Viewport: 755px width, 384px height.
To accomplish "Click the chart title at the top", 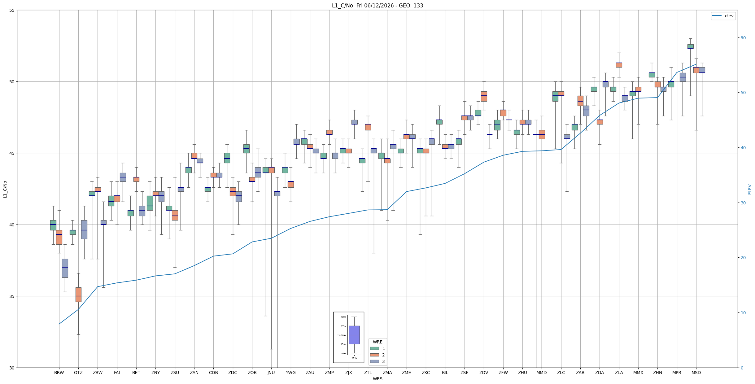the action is (377, 6).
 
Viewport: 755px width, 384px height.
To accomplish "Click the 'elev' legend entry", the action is (723, 16).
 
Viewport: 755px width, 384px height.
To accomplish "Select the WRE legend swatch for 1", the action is (374, 348).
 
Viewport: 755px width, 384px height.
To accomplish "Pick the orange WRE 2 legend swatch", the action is (374, 355).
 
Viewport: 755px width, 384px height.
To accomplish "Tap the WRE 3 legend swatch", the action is (374, 361).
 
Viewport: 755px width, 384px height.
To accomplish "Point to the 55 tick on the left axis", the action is (12, 10).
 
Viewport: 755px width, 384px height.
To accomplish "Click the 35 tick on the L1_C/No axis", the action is (12, 296).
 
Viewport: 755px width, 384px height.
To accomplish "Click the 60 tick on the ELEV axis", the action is (743, 38).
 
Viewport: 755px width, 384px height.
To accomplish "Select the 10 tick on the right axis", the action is (743, 313).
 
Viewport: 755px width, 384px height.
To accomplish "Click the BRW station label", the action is (59, 373).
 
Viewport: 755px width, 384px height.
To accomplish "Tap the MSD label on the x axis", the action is (696, 373).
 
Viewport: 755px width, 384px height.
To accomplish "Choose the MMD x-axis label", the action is (542, 373).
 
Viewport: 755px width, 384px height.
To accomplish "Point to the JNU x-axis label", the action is (271, 373).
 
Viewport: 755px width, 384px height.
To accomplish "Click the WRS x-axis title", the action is (377, 379).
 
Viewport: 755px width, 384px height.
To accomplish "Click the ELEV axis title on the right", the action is (750, 189).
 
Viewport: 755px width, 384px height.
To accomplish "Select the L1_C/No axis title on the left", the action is (5, 189).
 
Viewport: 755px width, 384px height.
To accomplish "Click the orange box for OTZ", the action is (78, 295).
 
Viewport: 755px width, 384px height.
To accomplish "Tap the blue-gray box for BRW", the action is (65, 268).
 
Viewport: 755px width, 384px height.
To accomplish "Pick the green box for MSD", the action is (691, 46).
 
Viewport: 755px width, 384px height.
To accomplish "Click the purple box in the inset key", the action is (354, 335).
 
